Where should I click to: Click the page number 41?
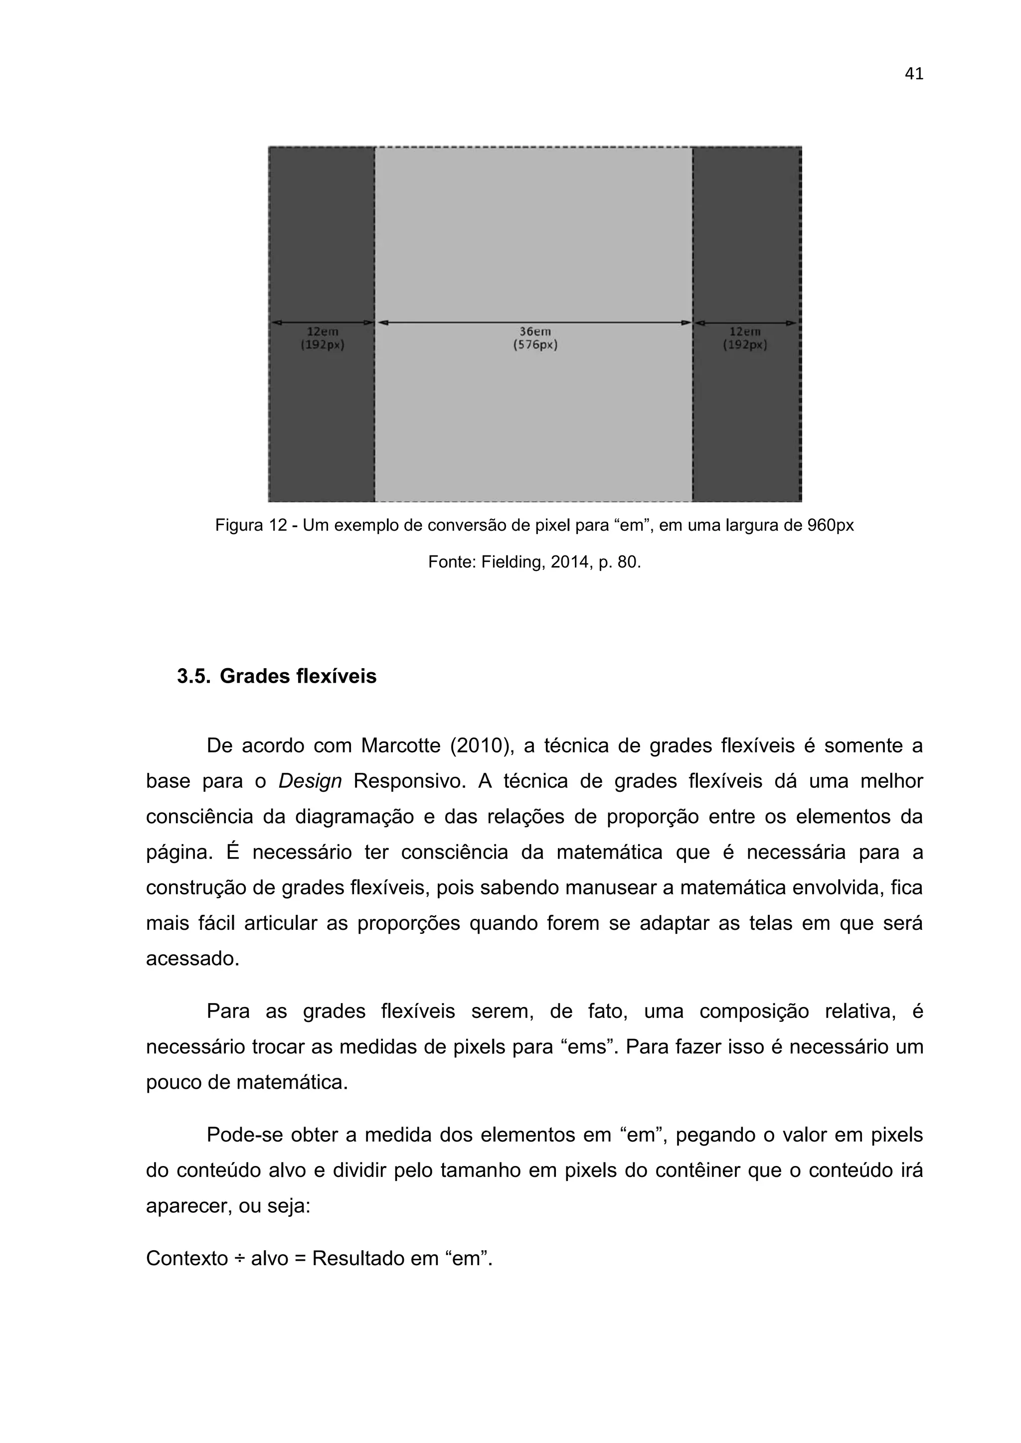click(913, 74)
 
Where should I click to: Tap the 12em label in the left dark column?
click(323, 331)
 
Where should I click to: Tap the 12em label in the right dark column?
click(745, 331)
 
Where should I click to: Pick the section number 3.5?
click(193, 676)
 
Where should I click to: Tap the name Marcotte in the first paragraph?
click(400, 746)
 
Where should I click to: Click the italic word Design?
click(310, 781)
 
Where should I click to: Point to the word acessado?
click(192, 959)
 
